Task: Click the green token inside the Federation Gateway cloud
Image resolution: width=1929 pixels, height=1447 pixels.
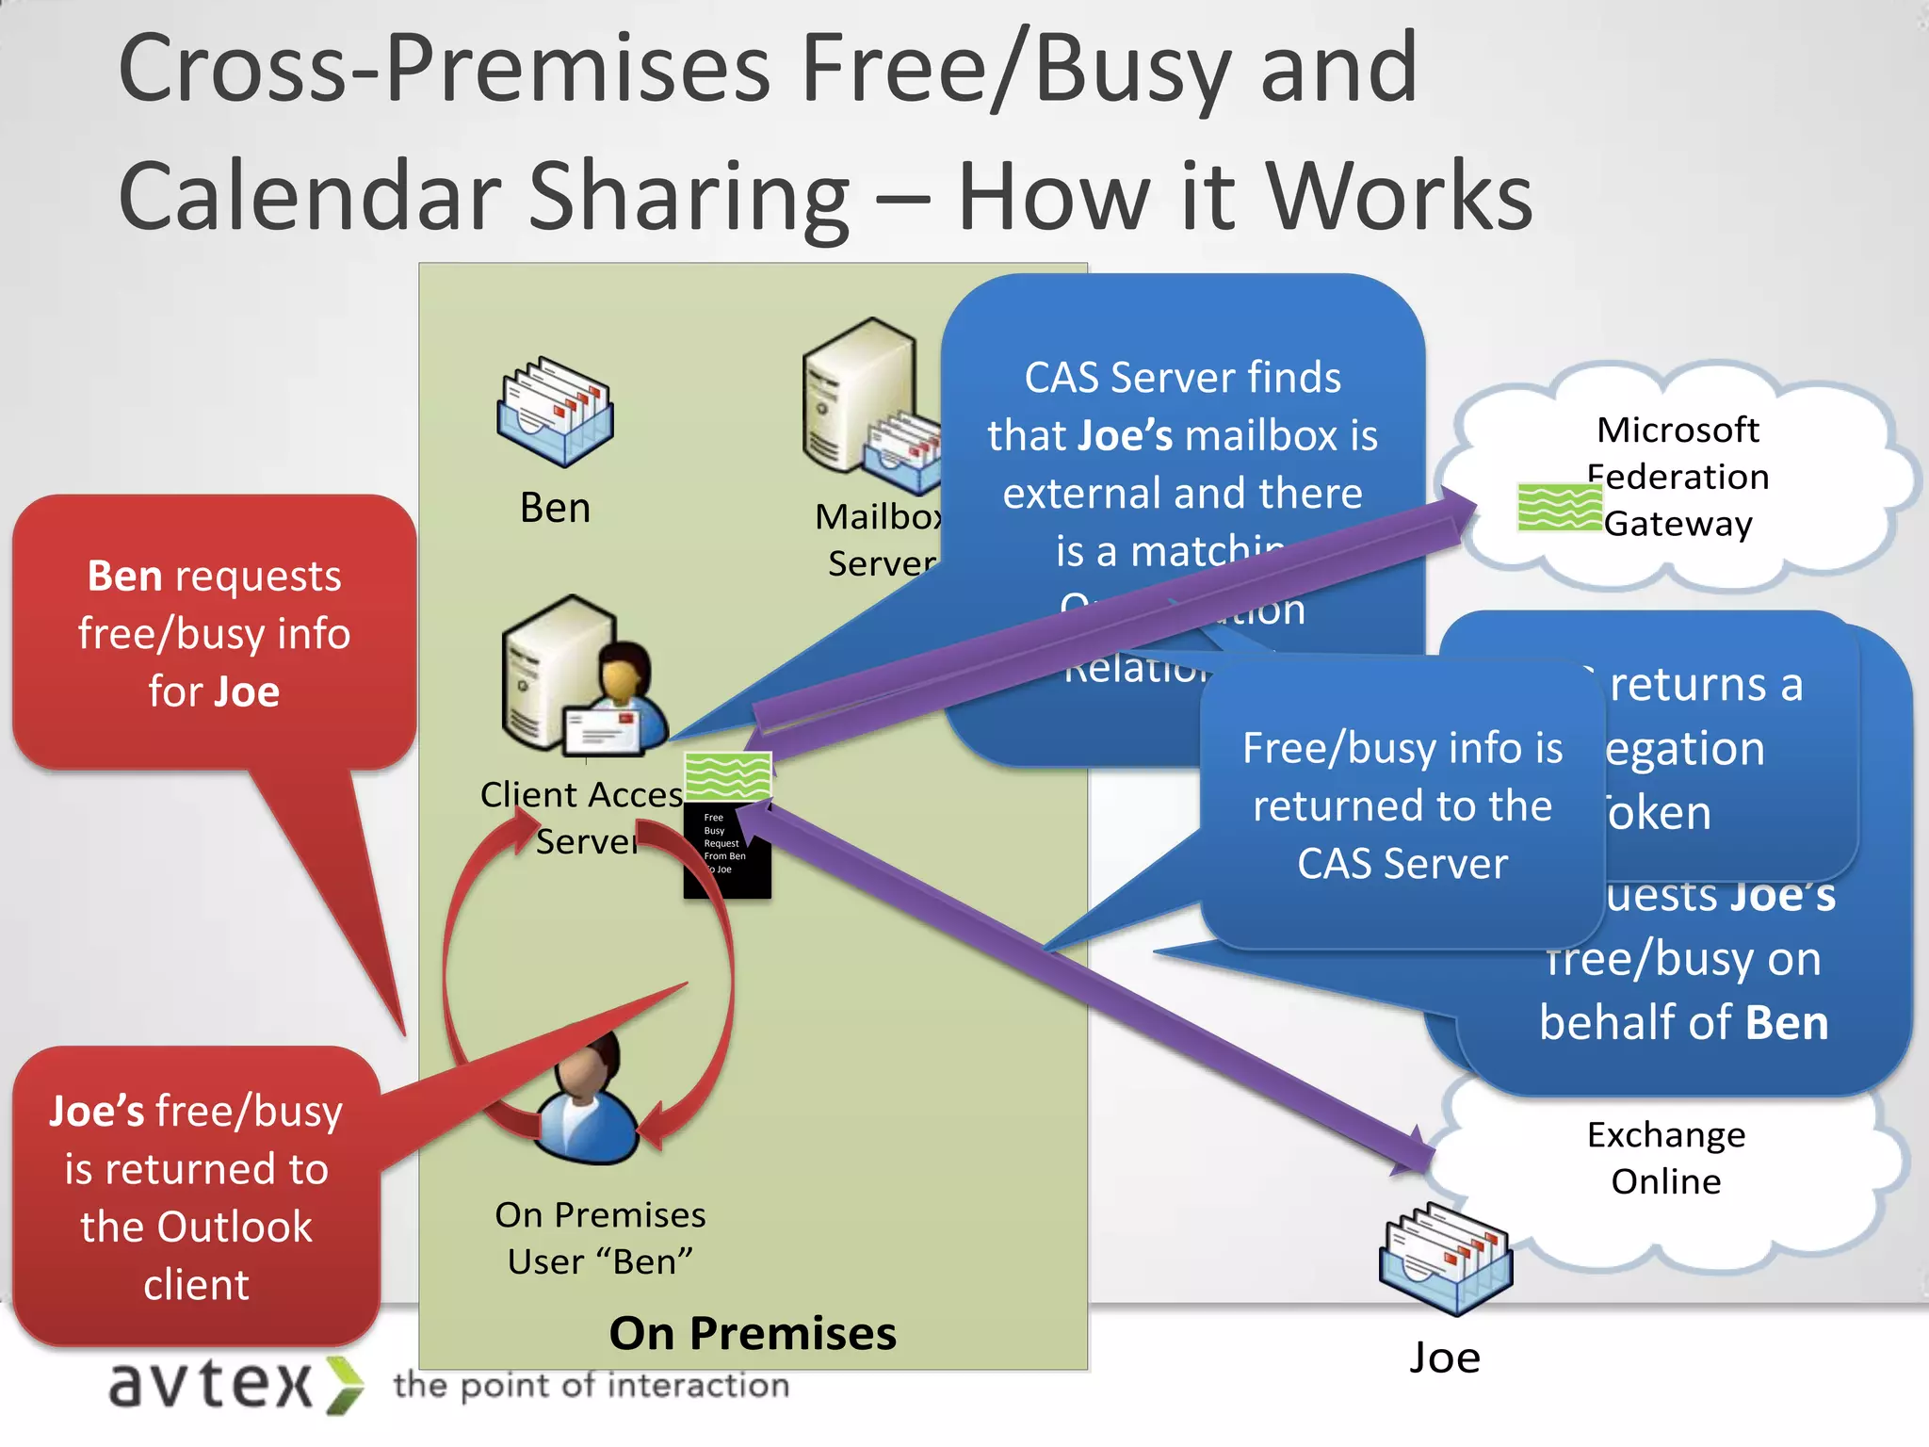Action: point(1559,507)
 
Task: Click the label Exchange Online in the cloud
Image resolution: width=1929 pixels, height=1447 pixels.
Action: point(1665,1158)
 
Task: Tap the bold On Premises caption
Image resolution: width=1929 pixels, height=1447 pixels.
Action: point(753,1333)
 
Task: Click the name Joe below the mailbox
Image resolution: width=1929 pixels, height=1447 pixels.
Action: point(1444,1358)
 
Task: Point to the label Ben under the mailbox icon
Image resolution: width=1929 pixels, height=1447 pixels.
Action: point(555,508)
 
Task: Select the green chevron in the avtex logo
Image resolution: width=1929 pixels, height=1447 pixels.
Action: point(345,1385)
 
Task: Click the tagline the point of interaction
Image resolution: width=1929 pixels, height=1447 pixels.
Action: point(592,1385)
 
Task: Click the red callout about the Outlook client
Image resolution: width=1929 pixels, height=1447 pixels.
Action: point(196,1196)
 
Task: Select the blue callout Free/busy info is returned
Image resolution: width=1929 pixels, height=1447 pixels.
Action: point(1402,805)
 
